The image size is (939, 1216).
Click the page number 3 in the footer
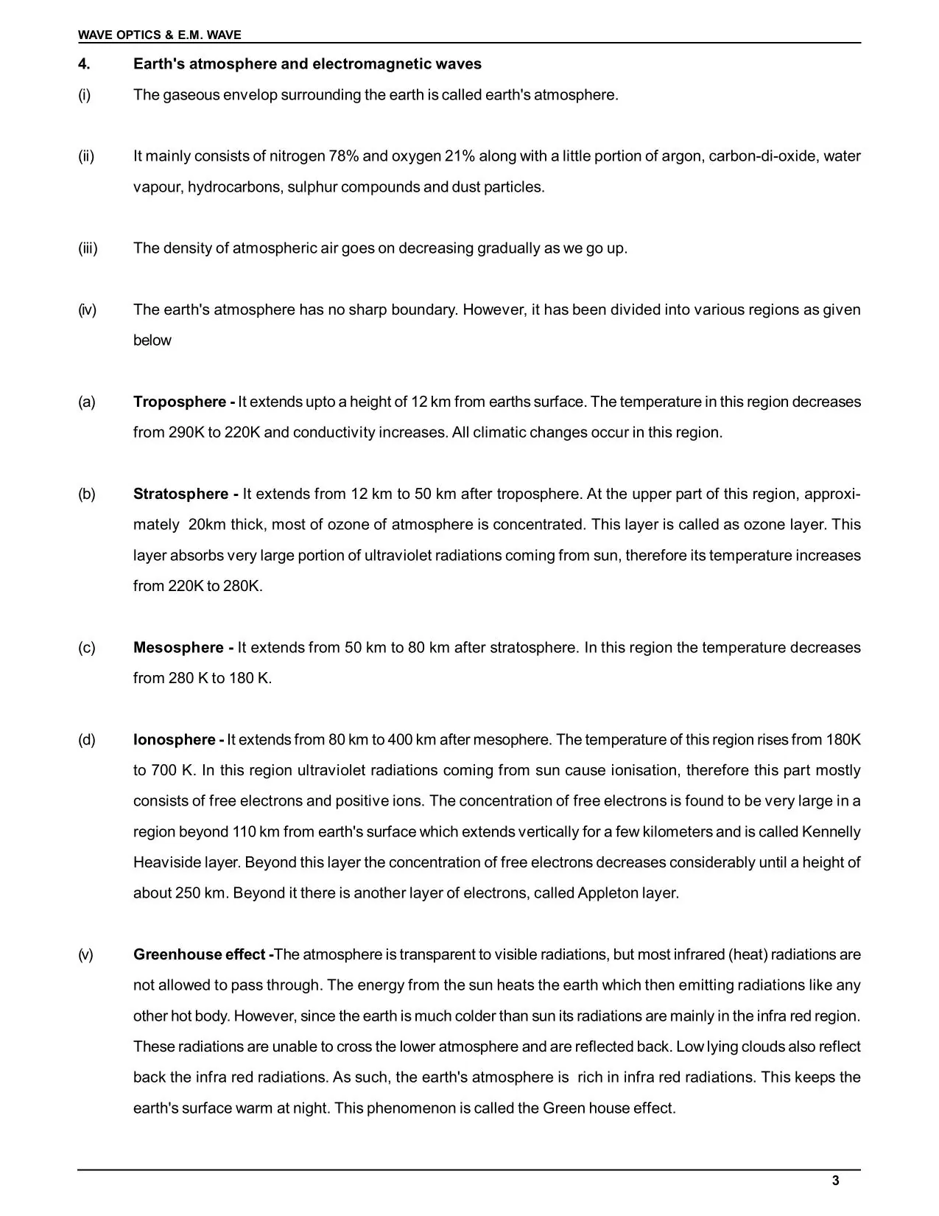coord(835,1181)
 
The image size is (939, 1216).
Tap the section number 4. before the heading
coord(84,64)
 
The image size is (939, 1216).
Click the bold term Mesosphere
coord(180,648)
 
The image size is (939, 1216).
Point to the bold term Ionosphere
coord(175,740)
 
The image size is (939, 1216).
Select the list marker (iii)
coord(88,248)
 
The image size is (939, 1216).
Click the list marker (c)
coord(87,648)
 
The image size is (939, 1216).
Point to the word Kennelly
coord(831,832)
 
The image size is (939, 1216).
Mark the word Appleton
coord(608,893)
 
